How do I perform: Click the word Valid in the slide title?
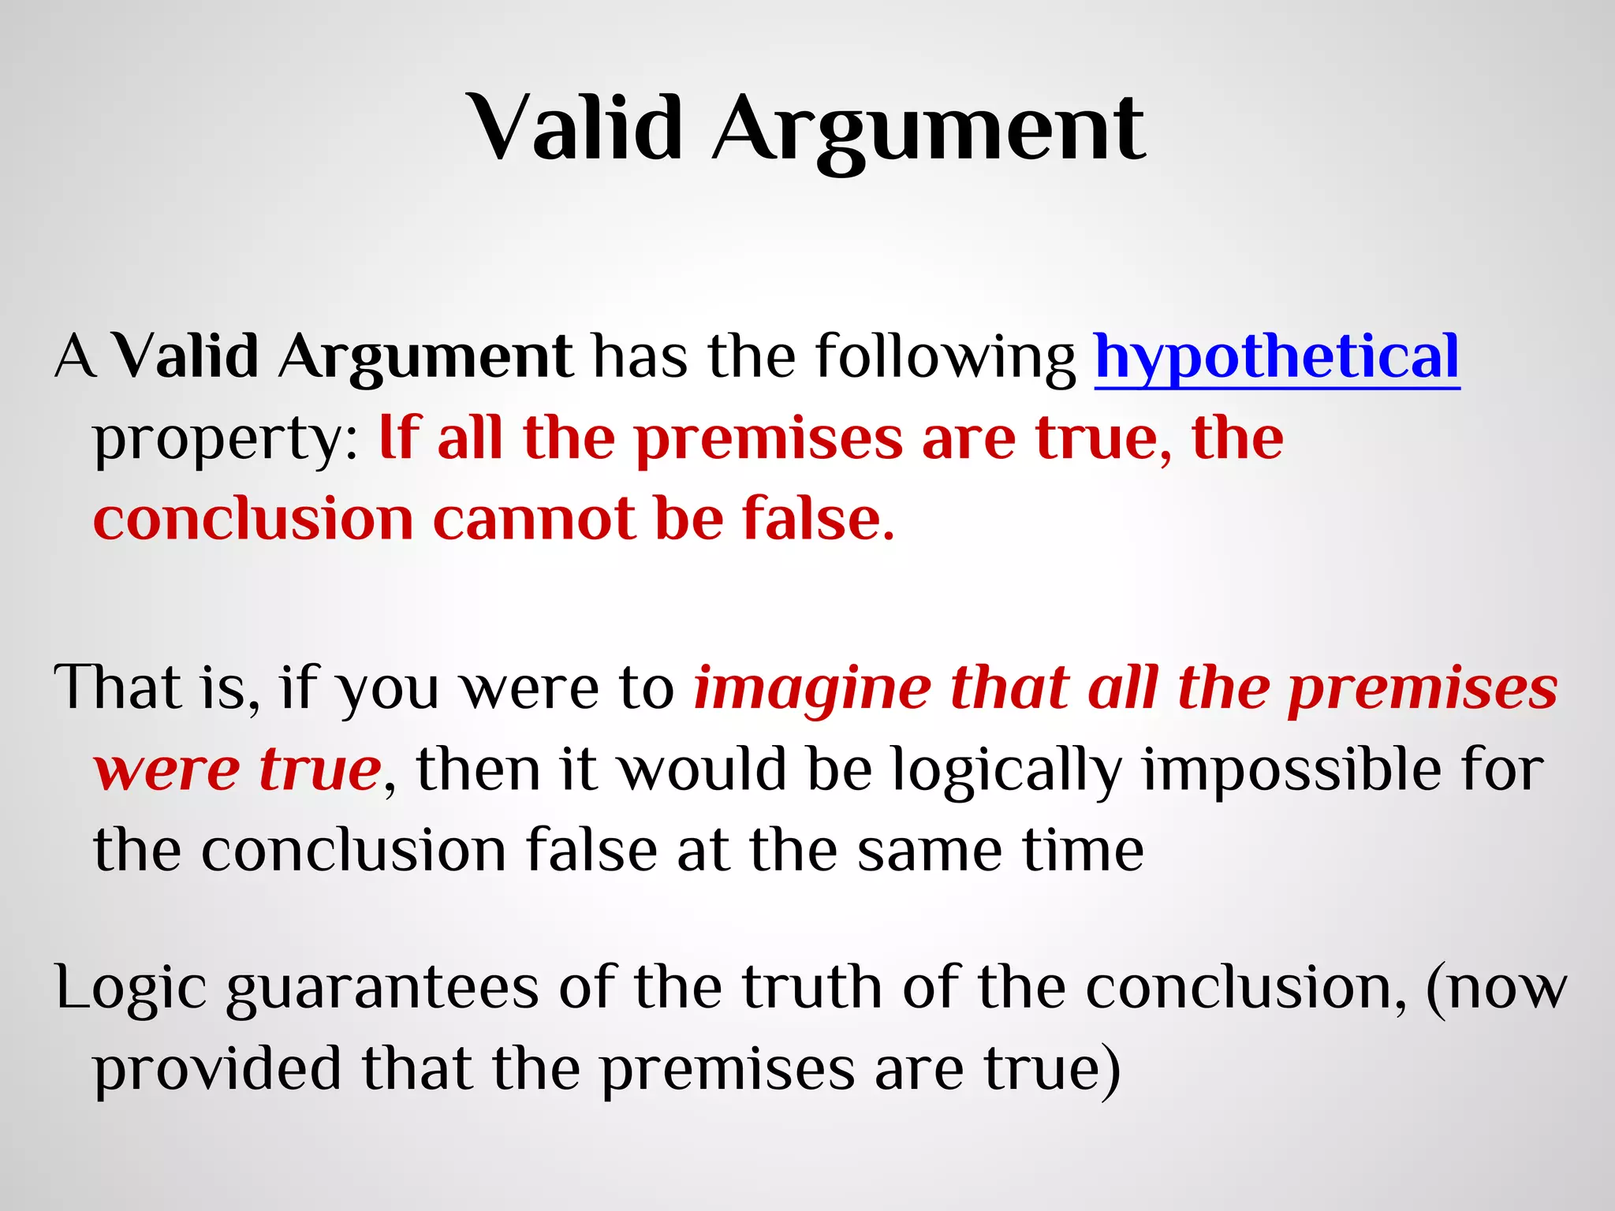pos(576,128)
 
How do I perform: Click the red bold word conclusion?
pos(253,520)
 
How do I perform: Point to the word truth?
pos(812,987)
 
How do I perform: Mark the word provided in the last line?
pos(217,1070)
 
